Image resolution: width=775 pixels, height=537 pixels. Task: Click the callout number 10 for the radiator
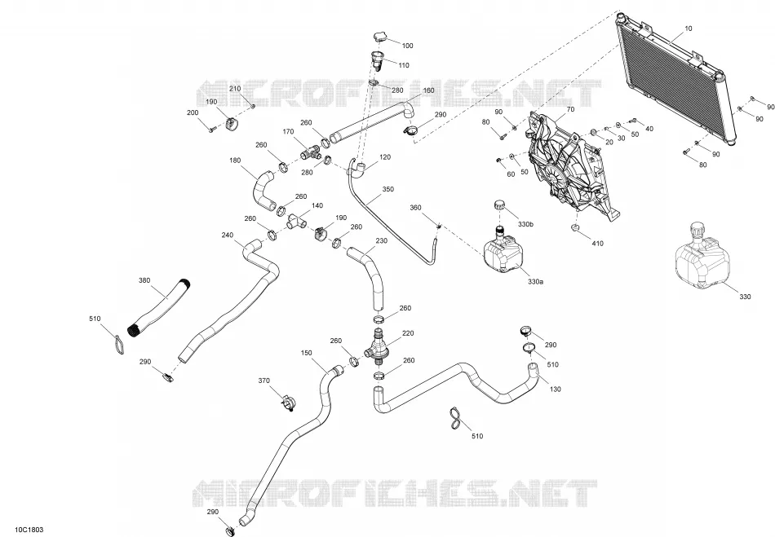pos(688,29)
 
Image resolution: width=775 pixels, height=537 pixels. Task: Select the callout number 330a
pos(535,282)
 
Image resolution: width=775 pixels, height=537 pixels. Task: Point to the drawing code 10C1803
pos(29,530)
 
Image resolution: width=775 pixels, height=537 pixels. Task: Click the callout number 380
pos(144,281)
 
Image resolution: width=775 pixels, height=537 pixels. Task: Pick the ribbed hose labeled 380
pos(159,308)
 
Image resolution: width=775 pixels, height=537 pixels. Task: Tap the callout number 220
pos(408,333)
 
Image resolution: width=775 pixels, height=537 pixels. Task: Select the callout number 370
pos(264,381)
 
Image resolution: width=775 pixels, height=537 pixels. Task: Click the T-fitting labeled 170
pos(310,152)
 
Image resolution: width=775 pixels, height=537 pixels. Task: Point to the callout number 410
pos(597,244)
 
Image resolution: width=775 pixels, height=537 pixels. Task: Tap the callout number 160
pos(428,90)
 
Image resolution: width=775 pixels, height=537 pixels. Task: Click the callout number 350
pos(388,189)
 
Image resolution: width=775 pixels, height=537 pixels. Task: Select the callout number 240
pos(228,235)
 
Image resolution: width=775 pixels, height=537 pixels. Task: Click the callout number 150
pos(307,353)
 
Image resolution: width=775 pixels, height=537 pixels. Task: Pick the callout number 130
pos(556,389)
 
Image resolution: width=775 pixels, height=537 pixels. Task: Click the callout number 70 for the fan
pos(570,109)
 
